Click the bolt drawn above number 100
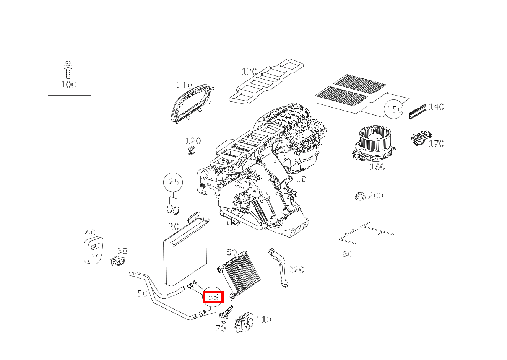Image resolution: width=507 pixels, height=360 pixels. pos(67,70)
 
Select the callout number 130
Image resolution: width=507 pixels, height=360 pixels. pos(250,72)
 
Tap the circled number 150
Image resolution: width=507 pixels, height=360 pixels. pos(394,109)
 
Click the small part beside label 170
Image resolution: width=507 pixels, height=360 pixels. pos(421,137)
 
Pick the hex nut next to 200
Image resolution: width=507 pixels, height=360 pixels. pos(360,196)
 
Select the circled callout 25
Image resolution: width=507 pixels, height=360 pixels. pos(173,182)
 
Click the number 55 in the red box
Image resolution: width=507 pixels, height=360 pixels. pos(213,297)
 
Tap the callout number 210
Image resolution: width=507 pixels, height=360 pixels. pos(185,85)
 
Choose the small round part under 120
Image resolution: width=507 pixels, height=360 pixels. pos(192,150)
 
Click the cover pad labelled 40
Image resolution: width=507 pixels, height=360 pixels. pos(93,250)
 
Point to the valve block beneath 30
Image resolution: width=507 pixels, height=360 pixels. pos(118,261)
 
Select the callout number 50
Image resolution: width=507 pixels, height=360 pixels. pos(142,294)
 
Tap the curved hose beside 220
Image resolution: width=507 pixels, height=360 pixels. pos(278,268)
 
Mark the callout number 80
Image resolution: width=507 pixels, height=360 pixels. pos(348,254)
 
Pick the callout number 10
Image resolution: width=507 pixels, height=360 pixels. pos(301,179)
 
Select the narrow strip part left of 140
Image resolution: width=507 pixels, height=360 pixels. pos(418,111)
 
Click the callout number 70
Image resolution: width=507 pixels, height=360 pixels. pos(221,328)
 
